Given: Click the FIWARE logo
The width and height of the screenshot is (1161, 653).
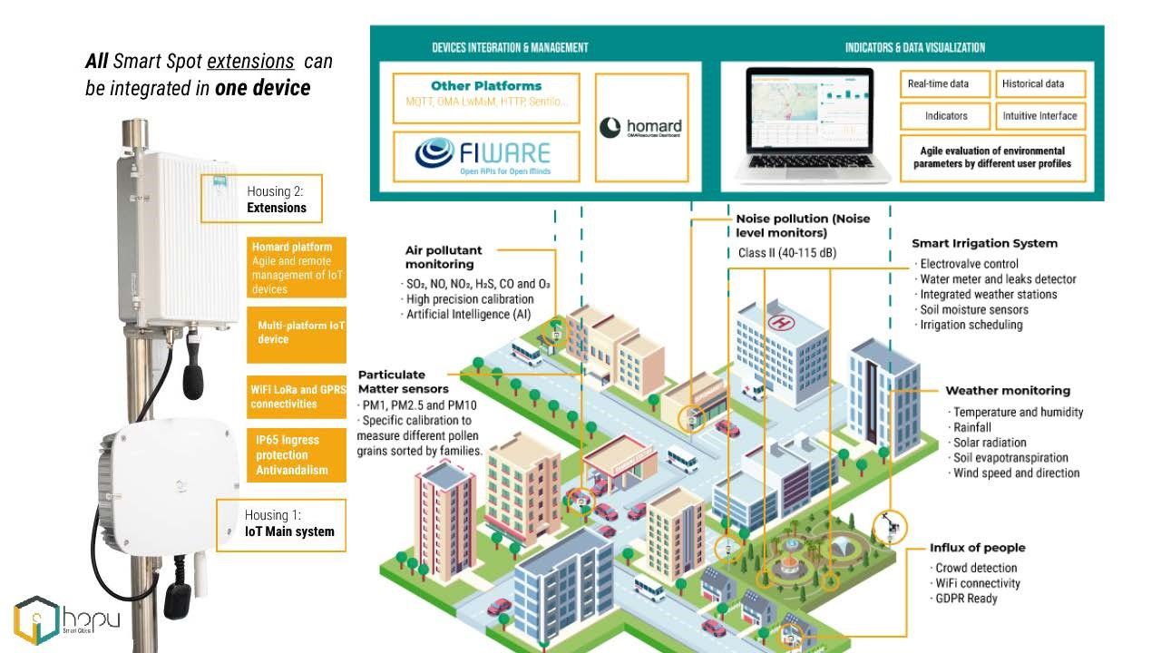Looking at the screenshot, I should [485, 155].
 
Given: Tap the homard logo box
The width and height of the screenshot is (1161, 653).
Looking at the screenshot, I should [641, 127].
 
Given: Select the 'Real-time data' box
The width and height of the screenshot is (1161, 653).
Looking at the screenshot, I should [944, 84].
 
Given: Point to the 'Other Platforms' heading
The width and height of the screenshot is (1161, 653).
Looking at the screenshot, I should [486, 86].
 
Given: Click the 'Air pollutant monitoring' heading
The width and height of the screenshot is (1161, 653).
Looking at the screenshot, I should [444, 257].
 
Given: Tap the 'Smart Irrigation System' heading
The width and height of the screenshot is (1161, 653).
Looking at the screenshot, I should [984, 243].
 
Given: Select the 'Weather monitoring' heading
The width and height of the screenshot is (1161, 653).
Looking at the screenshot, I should [1007, 391].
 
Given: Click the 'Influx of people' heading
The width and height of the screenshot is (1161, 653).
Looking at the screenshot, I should [977, 548].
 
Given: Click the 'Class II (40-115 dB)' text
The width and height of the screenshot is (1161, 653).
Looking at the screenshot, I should [781, 253].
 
